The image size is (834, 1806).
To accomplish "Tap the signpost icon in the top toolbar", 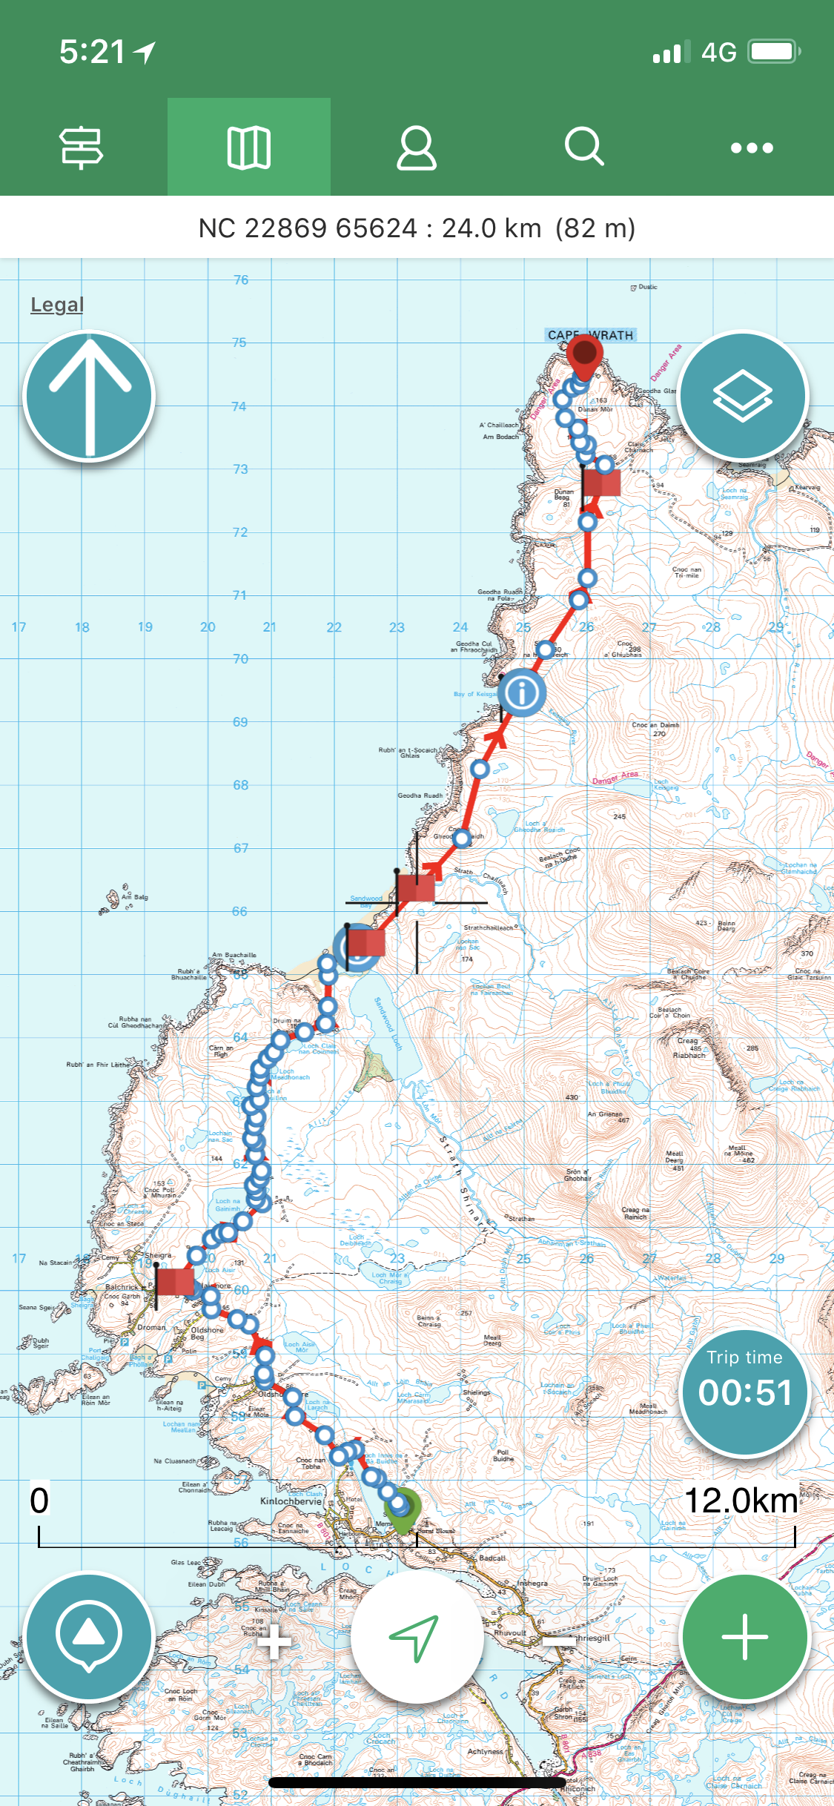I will (82, 148).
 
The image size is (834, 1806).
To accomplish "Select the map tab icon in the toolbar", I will (248, 148).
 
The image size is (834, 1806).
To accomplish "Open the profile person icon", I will (417, 148).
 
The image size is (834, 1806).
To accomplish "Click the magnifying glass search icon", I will (584, 146).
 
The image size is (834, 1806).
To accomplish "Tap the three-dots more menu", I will (752, 148).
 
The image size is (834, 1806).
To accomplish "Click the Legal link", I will (57, 305).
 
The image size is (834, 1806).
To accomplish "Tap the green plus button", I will (744, 1638).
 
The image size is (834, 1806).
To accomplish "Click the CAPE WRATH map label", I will (590, 335).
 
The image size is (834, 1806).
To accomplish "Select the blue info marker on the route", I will (522, 692).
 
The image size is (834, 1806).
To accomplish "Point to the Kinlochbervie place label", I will (291, 1501).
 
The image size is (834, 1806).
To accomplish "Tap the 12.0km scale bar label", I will (741, 1501).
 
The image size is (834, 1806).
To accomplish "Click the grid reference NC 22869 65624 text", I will (308, 228).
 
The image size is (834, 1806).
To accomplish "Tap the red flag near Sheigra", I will (175, 1281).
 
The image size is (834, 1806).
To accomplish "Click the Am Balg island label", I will (135, 897).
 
